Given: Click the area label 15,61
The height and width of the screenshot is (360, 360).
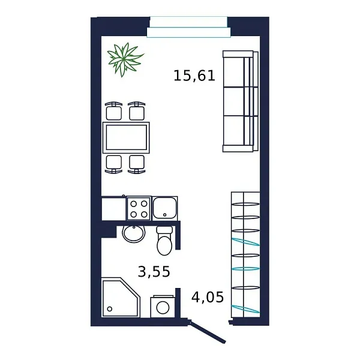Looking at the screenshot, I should tap(194, 76).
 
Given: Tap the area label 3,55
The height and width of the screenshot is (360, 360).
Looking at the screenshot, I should tap(154, 272).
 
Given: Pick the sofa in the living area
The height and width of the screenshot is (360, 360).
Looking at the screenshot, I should tap(239, 101).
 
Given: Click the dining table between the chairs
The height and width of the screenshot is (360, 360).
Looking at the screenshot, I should tap(127, 137).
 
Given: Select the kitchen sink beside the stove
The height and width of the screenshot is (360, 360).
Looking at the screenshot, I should tap(164, 208).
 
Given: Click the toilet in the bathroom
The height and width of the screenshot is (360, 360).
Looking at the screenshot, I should tap(164, 241).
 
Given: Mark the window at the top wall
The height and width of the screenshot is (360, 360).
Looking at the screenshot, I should tap(188, 27).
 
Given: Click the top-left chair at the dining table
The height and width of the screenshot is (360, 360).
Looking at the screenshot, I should tap(113, 111).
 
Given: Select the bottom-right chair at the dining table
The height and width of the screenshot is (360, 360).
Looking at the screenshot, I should tap(137, 163).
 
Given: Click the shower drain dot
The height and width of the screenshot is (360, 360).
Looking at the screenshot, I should tap(110, 310).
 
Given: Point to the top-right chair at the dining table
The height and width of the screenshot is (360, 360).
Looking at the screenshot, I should tap(137, 111).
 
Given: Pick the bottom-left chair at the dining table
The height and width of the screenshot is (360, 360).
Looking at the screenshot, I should tap(113, 163).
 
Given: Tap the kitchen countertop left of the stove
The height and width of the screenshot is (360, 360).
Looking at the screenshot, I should tap(113, 208).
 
